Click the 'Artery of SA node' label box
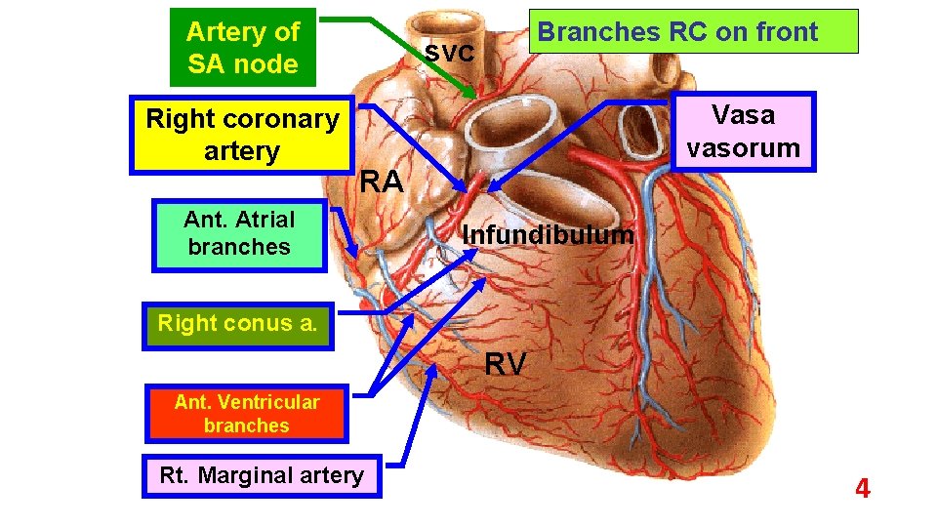pyautogui.click(x=242, y=47)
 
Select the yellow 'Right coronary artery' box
pyautogui.click(x=242, y=135)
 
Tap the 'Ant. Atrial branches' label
pyautogui.click(x=239, y=233)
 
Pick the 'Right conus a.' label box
pyautogui.click(x=237, y=323)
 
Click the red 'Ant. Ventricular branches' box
pyautogui.click(x=246, y=414)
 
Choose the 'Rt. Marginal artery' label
pyautogui.click(x=262, y=475)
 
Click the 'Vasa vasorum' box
pyautogui.click(x=743, y=132)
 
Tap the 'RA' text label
pyautogui.click(x=382, y=182)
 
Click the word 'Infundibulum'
pyautogui.click(x=548, y=235)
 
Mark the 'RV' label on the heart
pyautogui.click(x=506, y=364)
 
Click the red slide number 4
pyautogui.click(x=862, y=489)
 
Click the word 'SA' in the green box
pyautogui.click(x=207, y=64)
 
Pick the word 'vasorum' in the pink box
pyautogui.click(x=743, y=148)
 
